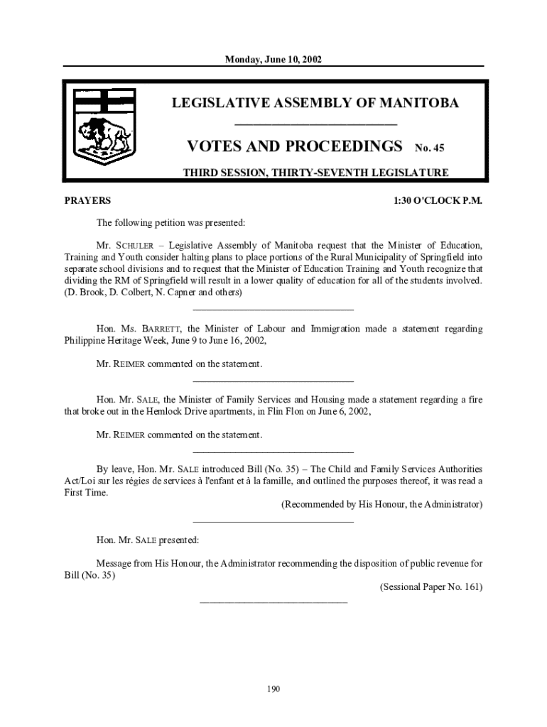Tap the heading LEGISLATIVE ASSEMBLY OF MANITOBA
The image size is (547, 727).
(315, 104)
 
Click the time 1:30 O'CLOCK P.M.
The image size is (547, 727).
(438, 201)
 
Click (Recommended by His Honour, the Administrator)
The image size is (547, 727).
(382, 505)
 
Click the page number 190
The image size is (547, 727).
(273, 689)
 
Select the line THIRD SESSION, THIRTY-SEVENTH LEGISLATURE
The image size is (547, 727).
(315, 173)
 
